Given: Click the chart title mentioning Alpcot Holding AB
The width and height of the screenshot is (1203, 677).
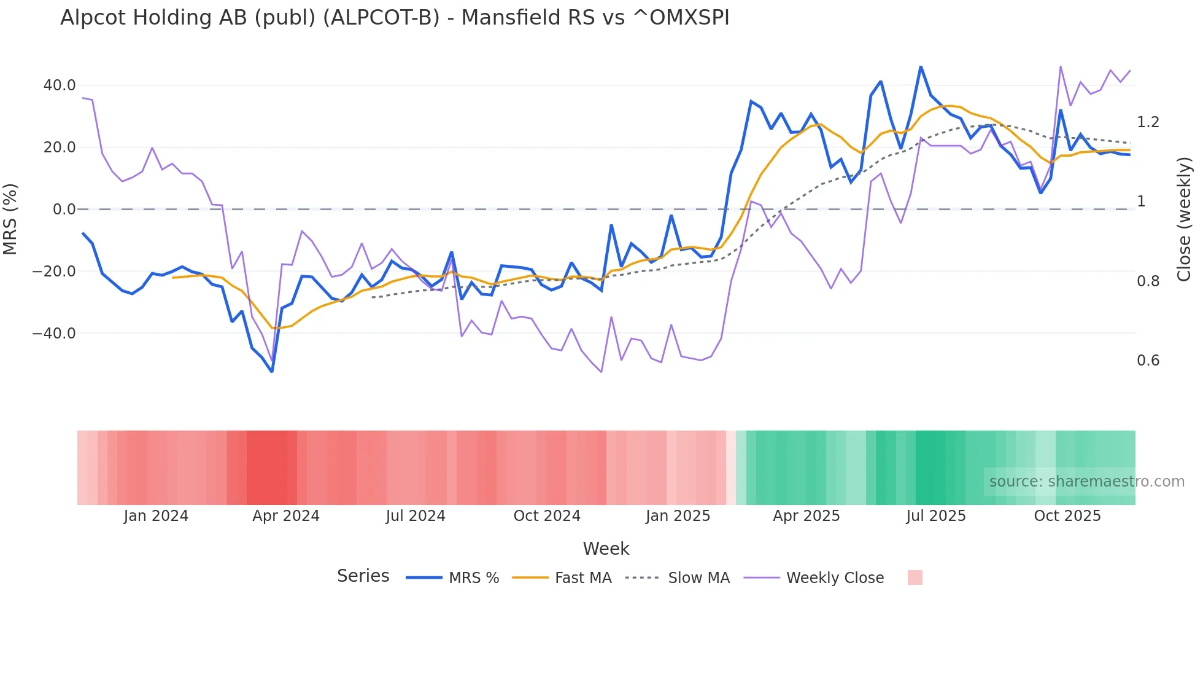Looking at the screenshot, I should coord(395,18).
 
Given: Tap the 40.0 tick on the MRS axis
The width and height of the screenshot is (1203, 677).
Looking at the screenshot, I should coord(60,85).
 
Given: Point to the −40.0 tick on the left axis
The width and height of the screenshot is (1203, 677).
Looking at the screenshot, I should coord(54,334).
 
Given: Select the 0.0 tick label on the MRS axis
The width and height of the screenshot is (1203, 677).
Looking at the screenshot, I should coord(64,209).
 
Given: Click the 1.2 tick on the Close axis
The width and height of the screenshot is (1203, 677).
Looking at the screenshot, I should coord(1148,122).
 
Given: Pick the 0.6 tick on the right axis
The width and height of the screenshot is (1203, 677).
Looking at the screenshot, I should coord(1148,361).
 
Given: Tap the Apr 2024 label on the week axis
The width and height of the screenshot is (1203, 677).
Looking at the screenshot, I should coord(286,516).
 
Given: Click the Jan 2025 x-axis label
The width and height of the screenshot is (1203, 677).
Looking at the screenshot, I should coord(678,516).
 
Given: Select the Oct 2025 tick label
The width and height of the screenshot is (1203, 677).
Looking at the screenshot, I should coord(1067,516).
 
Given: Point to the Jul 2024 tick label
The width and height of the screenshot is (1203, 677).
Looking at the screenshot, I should coord(416,516).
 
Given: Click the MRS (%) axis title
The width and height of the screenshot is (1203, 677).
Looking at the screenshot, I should coord(10,219).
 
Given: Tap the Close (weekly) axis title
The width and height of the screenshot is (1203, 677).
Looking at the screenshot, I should coord(1184,219).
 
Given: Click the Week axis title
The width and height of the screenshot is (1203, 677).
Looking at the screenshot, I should coord(606,549).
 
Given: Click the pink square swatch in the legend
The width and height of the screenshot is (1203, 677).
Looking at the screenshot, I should coord(915,577).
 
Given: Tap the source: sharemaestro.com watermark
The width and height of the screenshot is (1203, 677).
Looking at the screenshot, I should coord(1086,482).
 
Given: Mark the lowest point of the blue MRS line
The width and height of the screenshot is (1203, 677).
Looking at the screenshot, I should coord(272,372).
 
